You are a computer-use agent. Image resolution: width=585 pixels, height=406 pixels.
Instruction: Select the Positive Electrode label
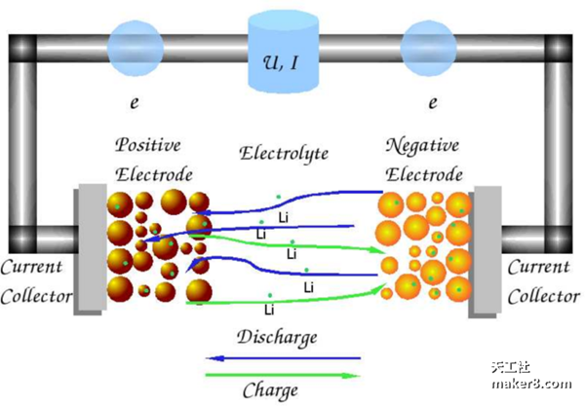149,161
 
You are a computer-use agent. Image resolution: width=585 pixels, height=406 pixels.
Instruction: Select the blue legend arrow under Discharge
283,358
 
